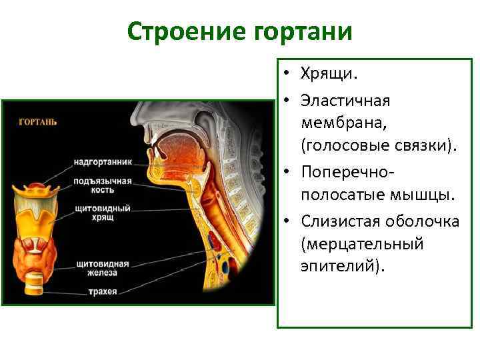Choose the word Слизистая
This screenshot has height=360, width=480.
point(341,221)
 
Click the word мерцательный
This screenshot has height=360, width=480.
point(362,244)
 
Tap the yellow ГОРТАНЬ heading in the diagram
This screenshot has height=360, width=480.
point(37,121)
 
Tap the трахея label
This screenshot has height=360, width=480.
point(102,291)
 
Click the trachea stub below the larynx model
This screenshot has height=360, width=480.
point(35,285)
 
